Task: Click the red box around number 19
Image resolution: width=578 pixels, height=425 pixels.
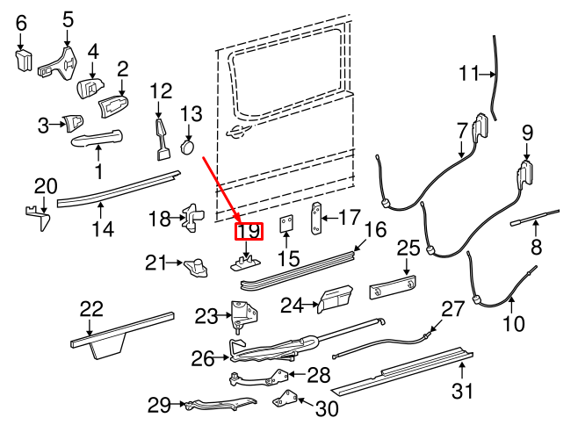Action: [248, 233]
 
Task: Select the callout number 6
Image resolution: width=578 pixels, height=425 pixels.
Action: [22, 24]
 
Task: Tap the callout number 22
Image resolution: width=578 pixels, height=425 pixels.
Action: [91, 309]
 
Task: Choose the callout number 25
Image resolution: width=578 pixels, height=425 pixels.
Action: [408, 249]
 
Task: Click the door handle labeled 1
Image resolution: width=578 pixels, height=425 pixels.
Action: [97, 136]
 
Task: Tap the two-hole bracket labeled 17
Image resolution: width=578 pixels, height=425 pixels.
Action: [317, 218]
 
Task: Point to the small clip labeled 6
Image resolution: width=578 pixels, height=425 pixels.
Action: [22, 60]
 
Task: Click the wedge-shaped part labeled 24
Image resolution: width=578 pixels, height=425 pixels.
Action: [335, 299]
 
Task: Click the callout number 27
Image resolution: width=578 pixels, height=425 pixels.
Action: [452, 309]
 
